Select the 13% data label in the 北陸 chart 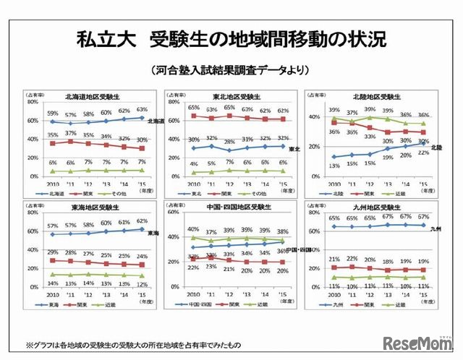pyautogui.click(x=334, y=166)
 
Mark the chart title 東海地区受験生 pyautogui.click(x=90, y=208)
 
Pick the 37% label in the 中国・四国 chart pyautogui.click(x=211, y=232)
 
